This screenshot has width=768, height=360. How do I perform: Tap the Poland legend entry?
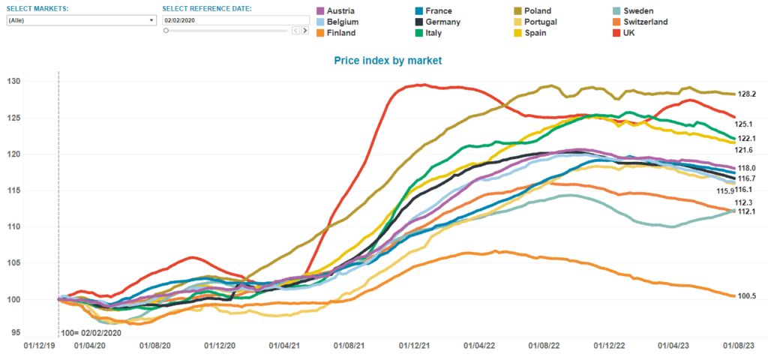tap(538, 11)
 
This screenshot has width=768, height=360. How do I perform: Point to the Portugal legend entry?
tap(540, 22)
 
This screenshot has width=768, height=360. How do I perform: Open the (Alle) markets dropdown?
tap(80, 20)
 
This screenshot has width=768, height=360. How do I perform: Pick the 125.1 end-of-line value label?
tap(745, 124)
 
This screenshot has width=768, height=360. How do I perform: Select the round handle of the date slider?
tap(166, 31)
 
